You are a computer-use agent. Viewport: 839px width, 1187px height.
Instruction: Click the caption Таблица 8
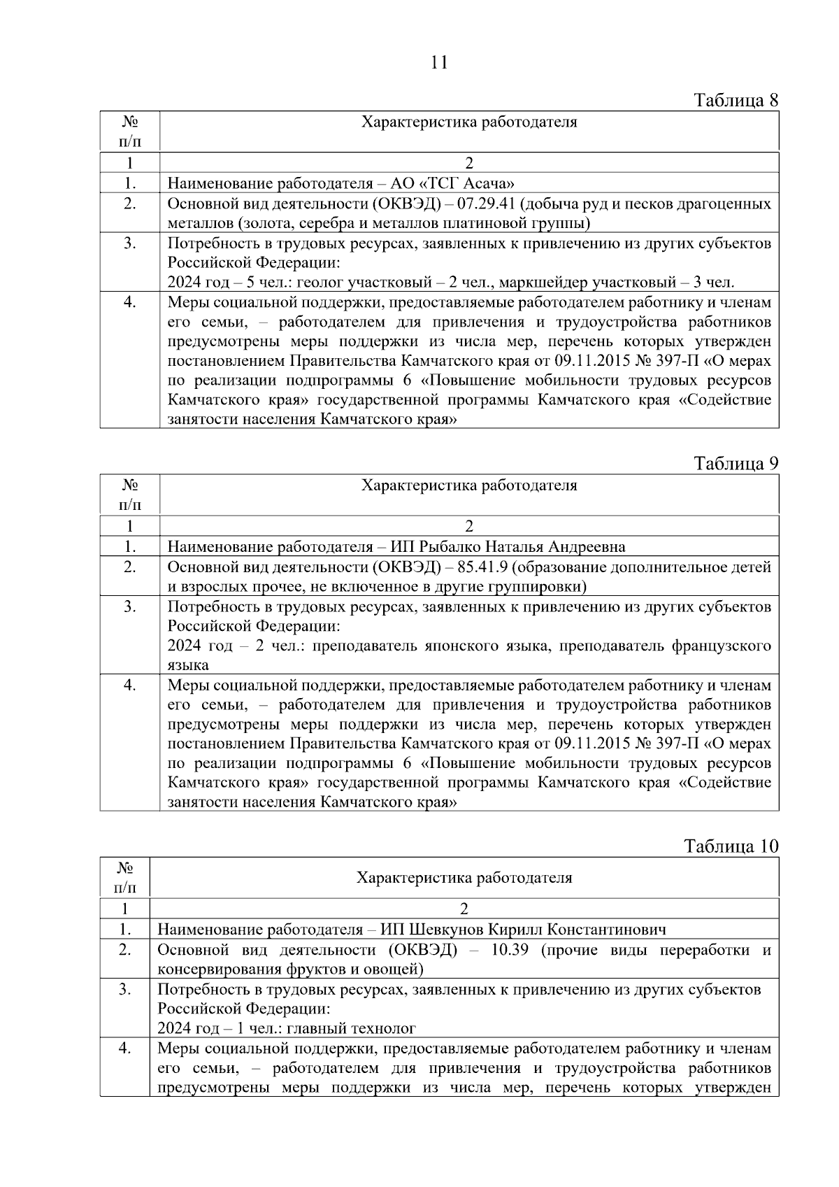tap(736, 100)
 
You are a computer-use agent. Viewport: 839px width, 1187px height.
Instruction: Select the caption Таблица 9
tap(736, 463)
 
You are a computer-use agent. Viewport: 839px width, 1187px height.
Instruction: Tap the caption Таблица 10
tap(731, 846)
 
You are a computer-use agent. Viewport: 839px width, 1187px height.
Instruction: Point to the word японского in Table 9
tap(457, 645)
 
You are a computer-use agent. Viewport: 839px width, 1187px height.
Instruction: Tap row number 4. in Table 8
tap(129, 302)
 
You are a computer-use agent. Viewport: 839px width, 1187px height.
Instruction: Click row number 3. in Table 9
tap(129, 606)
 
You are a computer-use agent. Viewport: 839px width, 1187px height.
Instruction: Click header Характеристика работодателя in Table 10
tap(464, 877)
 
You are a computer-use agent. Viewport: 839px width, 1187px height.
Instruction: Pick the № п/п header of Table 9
tap(129, 495)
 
